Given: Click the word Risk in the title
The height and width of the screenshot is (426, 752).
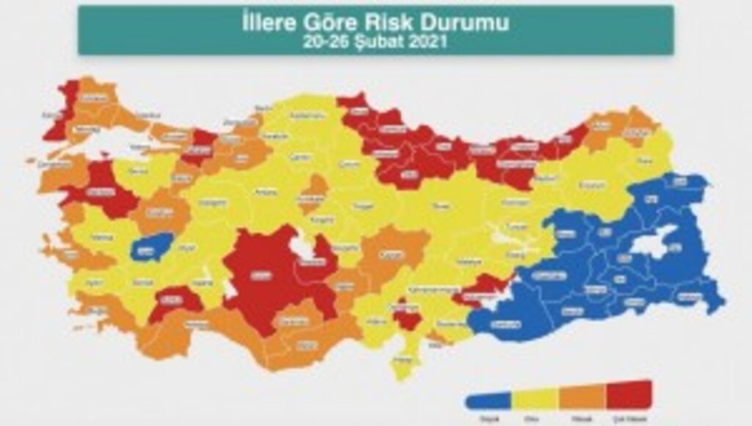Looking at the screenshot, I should click(x=401, y=22).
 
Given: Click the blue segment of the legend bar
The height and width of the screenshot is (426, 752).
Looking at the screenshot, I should click(x=488, y=400).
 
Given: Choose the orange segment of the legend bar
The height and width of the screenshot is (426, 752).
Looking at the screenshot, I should click(x=582, y=396).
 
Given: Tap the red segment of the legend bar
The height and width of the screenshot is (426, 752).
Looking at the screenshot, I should click(x=629, y=394).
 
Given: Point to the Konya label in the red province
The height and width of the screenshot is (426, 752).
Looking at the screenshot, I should click(x=258, y=276).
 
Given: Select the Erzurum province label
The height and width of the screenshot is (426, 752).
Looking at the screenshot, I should click(x=589, y=185).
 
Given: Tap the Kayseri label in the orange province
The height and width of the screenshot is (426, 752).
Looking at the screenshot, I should click(x=388, y=256).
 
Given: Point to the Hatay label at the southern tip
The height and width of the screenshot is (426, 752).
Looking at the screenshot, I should click(x=401, y=360).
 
